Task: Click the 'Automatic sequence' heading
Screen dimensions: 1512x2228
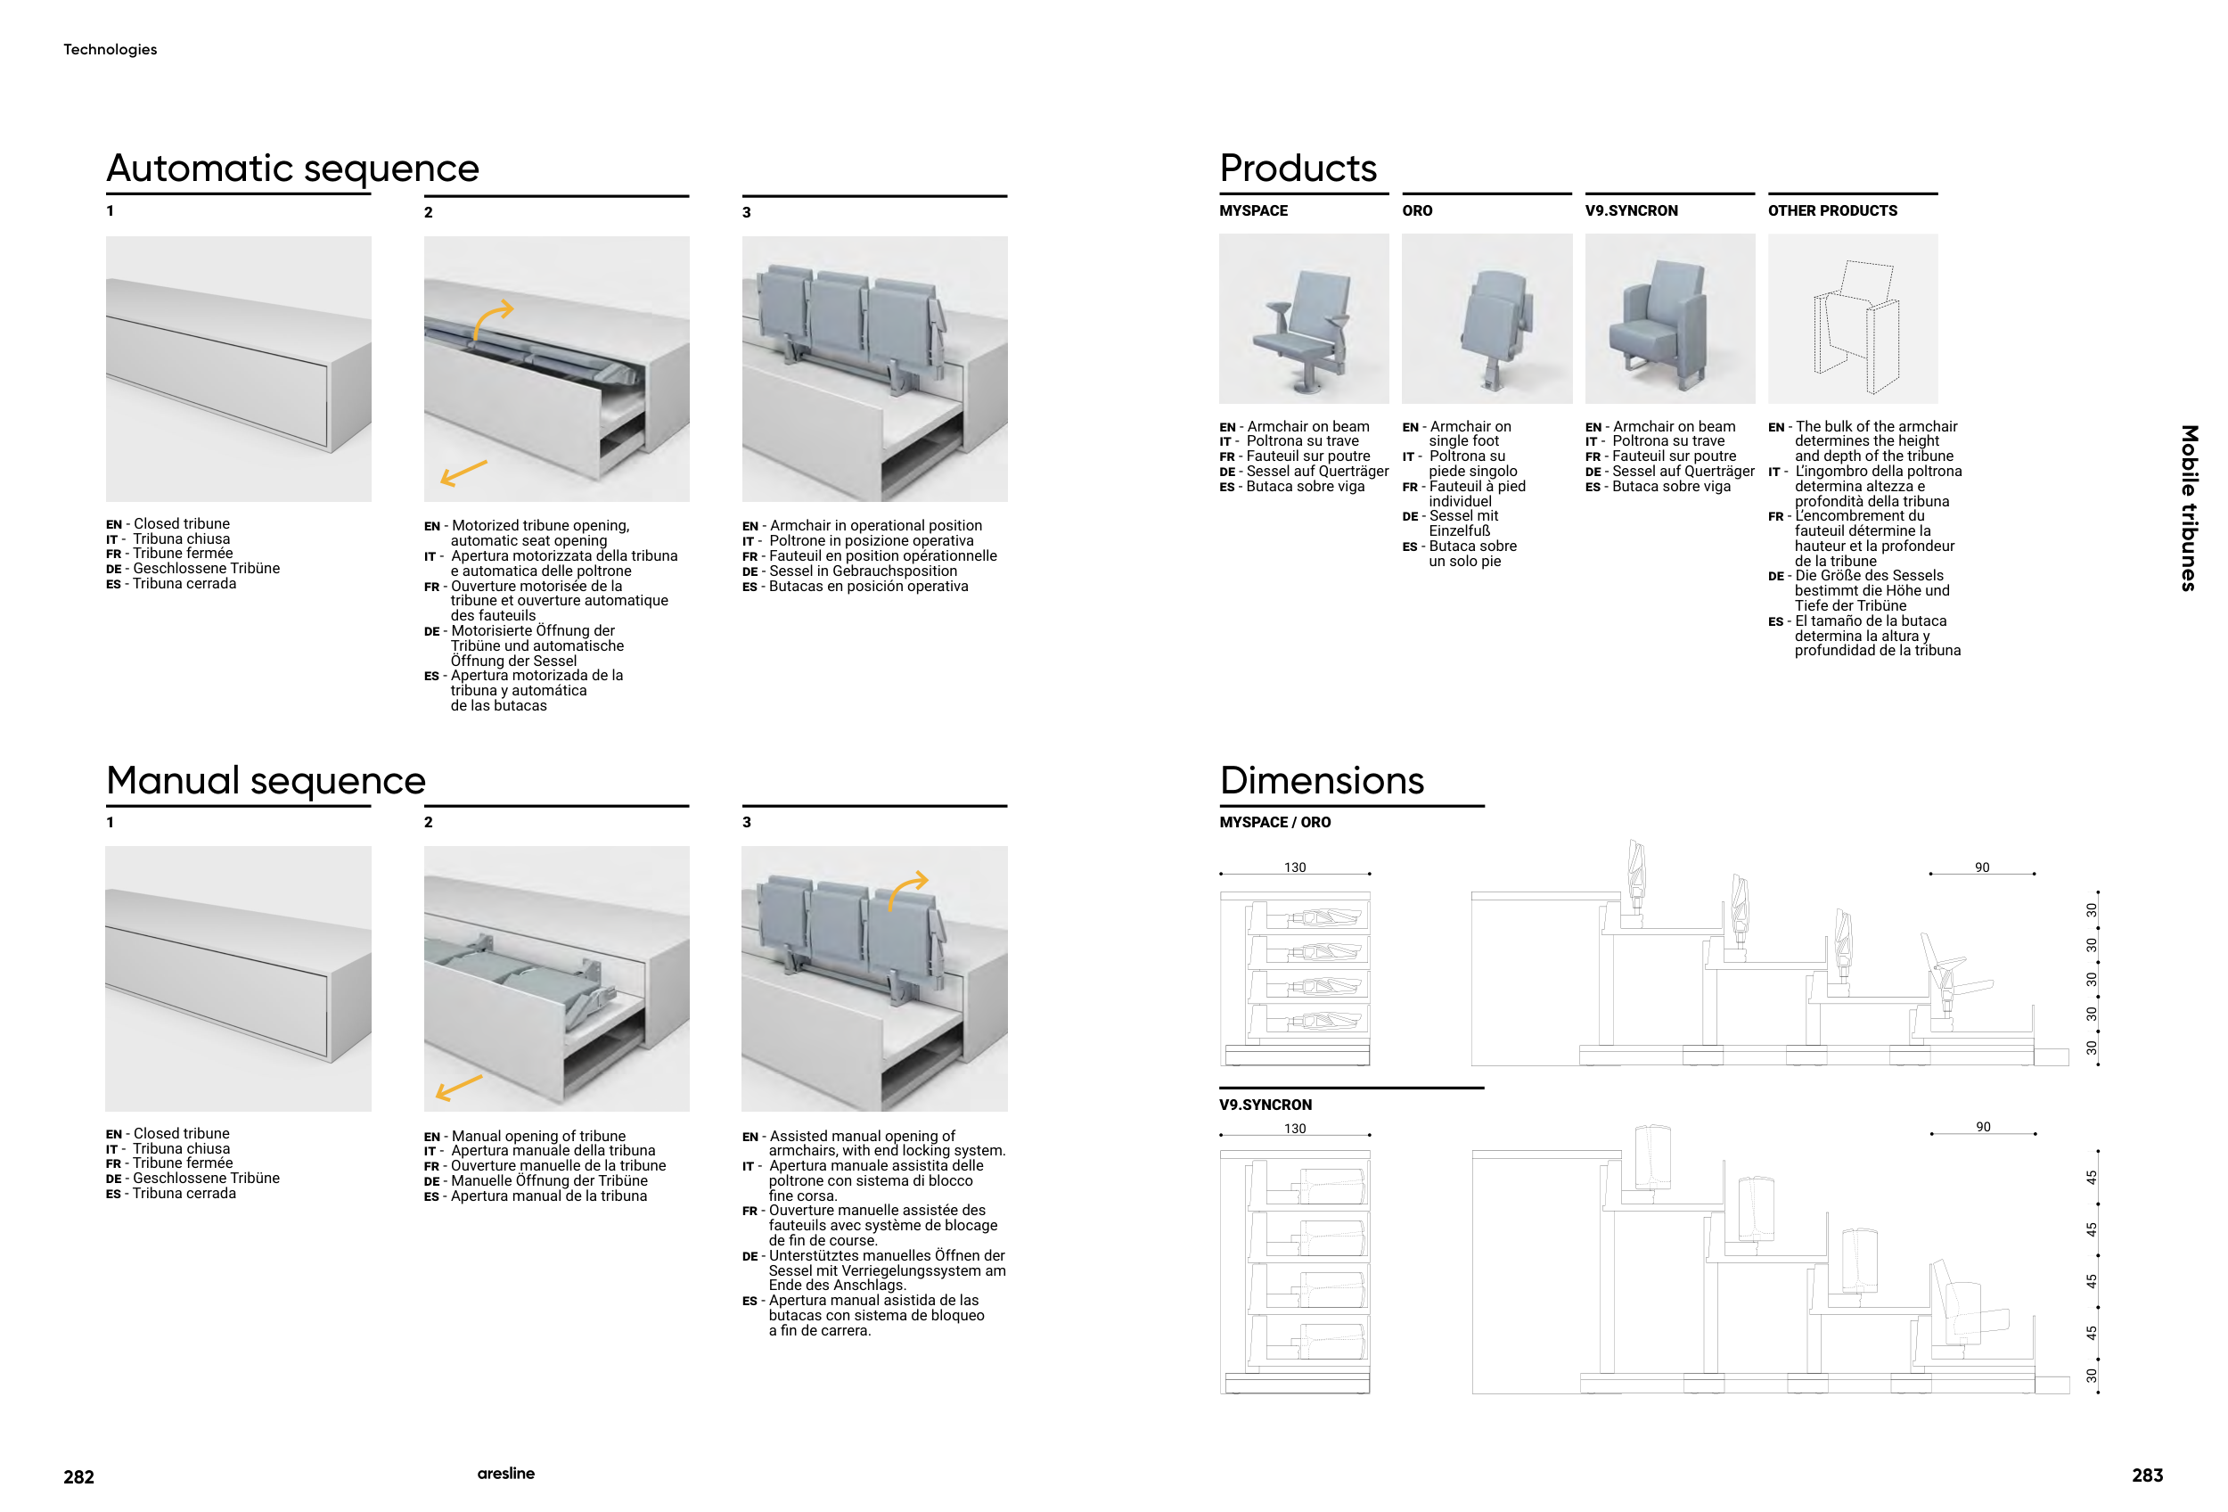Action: point(292,168)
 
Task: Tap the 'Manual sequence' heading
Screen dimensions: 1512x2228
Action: point(266,780)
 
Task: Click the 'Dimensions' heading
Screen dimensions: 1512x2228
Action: point(1321,780)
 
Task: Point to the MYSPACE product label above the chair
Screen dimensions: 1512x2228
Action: point(1253,211)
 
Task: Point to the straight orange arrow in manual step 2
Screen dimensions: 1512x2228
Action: point(459,1086)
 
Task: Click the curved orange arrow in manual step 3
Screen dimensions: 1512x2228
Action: point(907,888)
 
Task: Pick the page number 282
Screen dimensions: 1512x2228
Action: point(78,1476)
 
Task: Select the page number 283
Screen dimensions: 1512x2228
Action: point(2147,1475)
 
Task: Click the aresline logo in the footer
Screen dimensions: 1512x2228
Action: point(505,1474)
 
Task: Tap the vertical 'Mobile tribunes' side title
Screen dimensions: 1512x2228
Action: point(2189,507)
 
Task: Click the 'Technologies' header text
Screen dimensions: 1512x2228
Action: point(111,50)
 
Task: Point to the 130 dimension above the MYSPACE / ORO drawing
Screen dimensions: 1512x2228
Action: point(1294,867)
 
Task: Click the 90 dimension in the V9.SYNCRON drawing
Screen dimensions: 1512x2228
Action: point(1983,1128)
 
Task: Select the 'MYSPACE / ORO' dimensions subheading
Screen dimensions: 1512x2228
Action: point(1274,823)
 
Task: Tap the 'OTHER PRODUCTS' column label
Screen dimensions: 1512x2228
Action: point(1832,211)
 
